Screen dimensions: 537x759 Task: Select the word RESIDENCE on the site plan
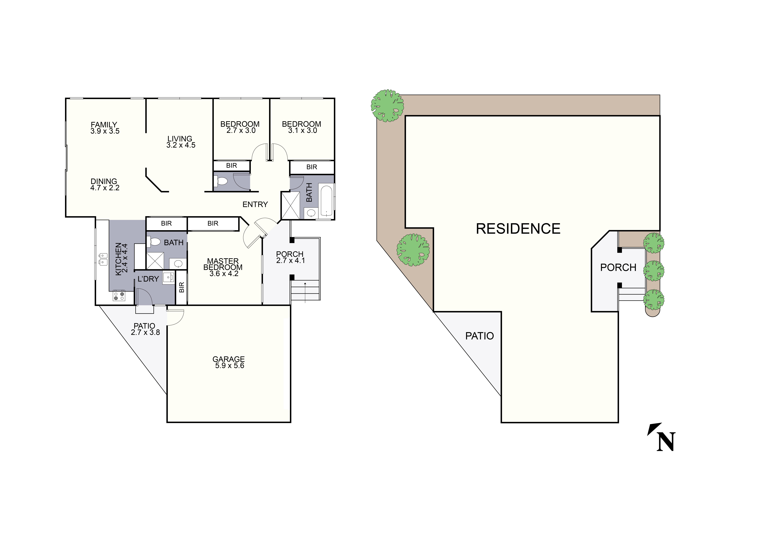point(518,229)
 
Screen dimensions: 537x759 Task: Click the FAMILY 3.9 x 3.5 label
point(105,128)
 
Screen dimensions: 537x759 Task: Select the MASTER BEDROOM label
point(223,267)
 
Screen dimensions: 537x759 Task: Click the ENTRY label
point(255,205)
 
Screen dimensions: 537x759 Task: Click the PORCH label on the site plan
point(618,267)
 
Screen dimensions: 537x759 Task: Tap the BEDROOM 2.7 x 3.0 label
point(240,127)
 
